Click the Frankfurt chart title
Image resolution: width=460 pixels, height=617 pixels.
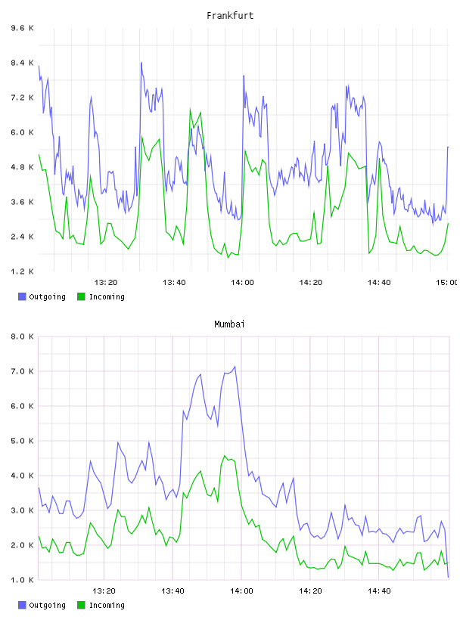(x=230, y=16)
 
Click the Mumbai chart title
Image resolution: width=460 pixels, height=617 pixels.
(x=229, y=324)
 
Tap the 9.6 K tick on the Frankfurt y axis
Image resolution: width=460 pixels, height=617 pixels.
(x=23, y=28)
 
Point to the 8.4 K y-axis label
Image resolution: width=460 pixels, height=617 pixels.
(x=23, y=63)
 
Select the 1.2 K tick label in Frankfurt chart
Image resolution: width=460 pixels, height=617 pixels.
(x=23, y=271)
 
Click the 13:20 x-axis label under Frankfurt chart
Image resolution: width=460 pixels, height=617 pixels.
(x=106, y=282)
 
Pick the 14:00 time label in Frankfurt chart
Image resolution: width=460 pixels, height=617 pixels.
(x=242, y=282)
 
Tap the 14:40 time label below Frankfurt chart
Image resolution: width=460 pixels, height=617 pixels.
(x=379, y=282)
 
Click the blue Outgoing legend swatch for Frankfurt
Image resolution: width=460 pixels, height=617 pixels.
(x=22, y=296)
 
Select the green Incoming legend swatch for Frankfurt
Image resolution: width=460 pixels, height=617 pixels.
(x=81, y=296)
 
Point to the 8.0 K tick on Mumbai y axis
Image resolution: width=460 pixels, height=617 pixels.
(x=23, y=336)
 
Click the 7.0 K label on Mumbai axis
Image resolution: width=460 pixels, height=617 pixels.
(x=23, y=371)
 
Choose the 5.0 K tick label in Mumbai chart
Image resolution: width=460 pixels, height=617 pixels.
(x=23, y=441)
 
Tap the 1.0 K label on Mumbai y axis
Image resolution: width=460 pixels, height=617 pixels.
(x=23, y=580)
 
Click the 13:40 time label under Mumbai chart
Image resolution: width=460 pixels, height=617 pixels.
(x=172, y=591)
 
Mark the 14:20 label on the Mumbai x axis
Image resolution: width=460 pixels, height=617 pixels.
(x=310, y=591)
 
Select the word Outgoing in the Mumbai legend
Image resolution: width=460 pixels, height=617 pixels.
(x=47, y=605)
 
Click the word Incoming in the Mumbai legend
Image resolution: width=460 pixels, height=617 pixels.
(x=107, y=605)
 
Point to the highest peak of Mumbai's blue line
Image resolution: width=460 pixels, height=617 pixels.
(x=235, y=367)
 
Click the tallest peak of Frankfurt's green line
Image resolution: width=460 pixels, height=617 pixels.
(x=190, y=109)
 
